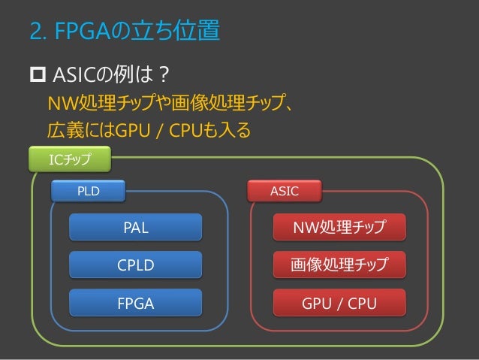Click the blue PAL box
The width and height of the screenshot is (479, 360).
(x=136, y=227)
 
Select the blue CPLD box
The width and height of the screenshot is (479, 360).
(x=136, y=265)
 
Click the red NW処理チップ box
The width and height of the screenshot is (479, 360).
(x=339, y=227)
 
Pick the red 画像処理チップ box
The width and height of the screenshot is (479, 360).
(x=339, y=265)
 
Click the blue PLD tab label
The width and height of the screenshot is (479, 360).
(x=88, y=192)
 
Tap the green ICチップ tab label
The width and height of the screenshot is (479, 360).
(x=69, y=159)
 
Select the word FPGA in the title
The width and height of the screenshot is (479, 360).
(x=86, y=32)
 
